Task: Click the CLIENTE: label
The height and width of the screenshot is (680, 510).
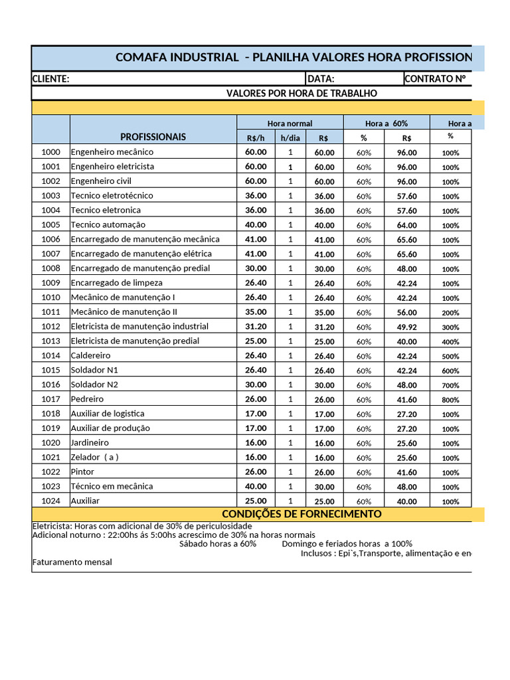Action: click(x=50, y=79)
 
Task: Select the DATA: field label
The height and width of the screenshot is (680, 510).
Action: click(x=321, y=79)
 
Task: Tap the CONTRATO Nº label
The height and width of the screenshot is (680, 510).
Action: click(x=435, y=79)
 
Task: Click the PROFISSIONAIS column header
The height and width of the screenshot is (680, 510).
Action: click(x=153, y=137)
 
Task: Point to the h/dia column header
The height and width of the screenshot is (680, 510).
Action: click(x=290, y=137)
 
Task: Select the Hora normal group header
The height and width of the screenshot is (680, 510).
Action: click(x=290, y=123)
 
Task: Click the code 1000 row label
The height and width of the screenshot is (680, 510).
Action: click(x=50, y=152)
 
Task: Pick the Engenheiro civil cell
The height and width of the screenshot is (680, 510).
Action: click(x=101, y=181)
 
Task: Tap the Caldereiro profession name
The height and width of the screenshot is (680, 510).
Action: click(x=90, y=355)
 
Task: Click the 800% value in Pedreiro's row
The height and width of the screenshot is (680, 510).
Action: click(x=450, y=400)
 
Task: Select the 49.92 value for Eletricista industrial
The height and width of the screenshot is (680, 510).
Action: click(x=406, y=327)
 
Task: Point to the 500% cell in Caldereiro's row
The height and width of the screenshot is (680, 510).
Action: click(x=450, y=356)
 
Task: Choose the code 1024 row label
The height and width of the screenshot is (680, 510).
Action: click(x=50, y=501)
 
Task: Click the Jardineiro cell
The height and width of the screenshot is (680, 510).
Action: click(x=90, y=443)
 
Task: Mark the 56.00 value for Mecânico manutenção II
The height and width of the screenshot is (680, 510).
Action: click(x=406, y=312)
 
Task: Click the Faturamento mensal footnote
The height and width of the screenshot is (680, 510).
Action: click(x=72, y=562)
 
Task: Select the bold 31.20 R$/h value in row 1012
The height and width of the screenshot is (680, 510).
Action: click(x=256, y=326)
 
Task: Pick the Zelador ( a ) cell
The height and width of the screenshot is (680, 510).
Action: click(x=95, y=458)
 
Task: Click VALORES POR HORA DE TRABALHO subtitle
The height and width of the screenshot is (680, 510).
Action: click(x=301, y=94)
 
